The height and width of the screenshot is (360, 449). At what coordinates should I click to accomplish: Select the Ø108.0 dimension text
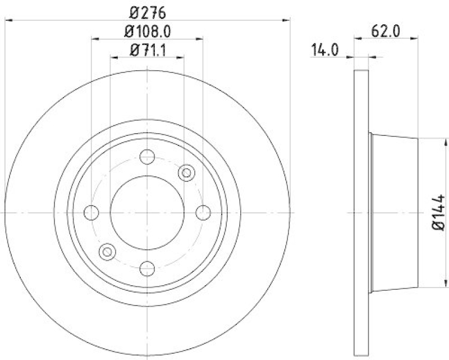click(x=147, y=31)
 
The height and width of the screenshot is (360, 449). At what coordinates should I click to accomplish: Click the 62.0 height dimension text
click(x=386, y=31)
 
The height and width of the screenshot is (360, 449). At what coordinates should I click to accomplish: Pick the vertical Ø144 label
click(x=439, y=212)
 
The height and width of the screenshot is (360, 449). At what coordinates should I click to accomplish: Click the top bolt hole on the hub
click(x=147, y=157)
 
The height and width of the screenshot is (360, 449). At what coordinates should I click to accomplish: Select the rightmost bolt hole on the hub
click(x=203, y=212)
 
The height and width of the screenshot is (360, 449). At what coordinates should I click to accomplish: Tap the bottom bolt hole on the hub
click(x=147, y=268)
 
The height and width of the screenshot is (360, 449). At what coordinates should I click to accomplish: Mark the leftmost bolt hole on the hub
click(x=91, y=212)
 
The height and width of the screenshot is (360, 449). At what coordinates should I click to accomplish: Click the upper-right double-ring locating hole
click(x=186, y=173)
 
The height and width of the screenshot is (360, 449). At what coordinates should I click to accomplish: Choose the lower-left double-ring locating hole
click(x=107, y=252)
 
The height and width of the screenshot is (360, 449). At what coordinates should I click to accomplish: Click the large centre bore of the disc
click(x=147, y=212)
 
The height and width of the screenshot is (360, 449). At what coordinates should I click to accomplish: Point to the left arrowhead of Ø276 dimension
click(x=8, y=21)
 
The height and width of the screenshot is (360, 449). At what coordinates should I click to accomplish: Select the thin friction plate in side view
click(x=361, y=212)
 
